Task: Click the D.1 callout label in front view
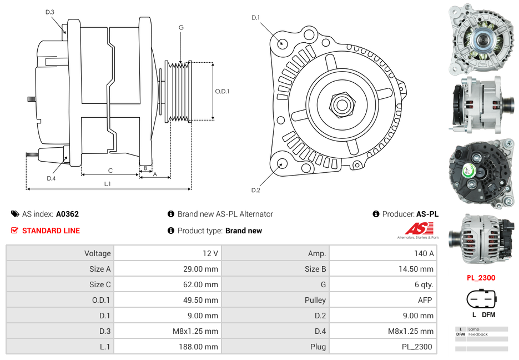pos(255,18)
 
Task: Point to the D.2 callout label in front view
pos(255,191)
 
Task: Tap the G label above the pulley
pos(181,27)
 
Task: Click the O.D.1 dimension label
pos(222,91)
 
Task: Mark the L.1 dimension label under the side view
pos(108,183)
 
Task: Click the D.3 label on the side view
pos(50,12)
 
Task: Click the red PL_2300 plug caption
pos(481,278)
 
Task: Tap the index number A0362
pos(68,214)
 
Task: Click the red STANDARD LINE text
pos(51,231)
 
